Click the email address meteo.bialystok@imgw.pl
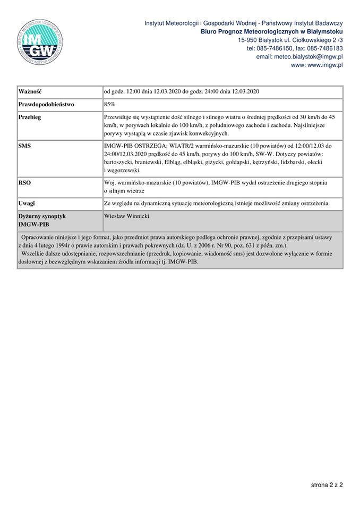[x=299, y=56]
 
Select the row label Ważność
[x=30, y=91]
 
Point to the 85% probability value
[x=109, y=105]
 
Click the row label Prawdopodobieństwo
[x=47, y=105]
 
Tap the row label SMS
[x=25, y=145]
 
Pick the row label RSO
[x=25, y=183]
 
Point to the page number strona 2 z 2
[x=327, y=485]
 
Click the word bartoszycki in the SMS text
[x=119, y=161]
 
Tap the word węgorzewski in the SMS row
[x=124, y=171]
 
